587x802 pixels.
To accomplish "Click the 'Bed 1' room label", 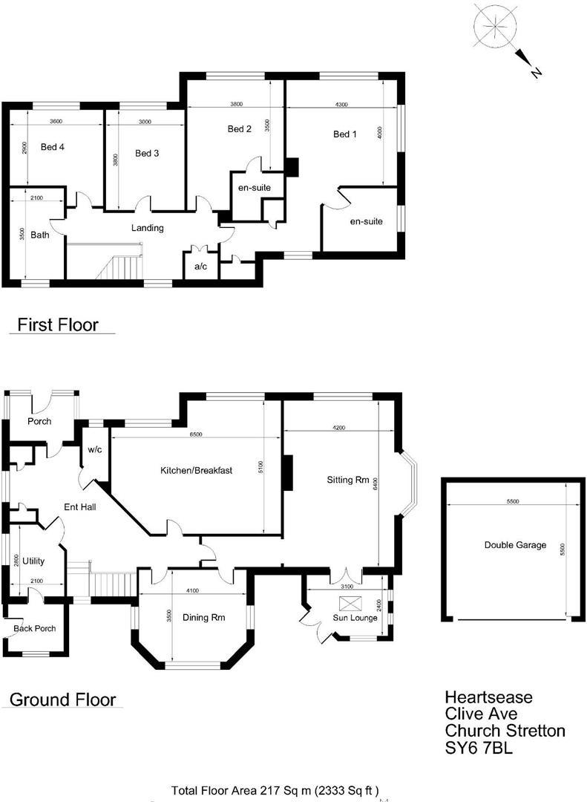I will tap(345, 134).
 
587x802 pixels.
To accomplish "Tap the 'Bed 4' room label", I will tap(53, 147).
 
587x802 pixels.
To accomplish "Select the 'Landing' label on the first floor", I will tap(148, 228).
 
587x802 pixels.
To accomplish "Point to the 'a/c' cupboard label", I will tap(200, 266).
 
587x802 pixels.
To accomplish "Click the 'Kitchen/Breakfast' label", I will tap(197, 471).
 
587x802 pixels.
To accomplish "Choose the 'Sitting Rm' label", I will tap(348, 480).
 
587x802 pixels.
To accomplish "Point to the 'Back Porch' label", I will tap(35, 629).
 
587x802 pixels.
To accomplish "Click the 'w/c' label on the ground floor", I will tap(95, 450).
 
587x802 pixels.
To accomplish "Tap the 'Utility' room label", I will tap(34, 561).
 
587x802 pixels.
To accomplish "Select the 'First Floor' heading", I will tap(58, 325).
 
